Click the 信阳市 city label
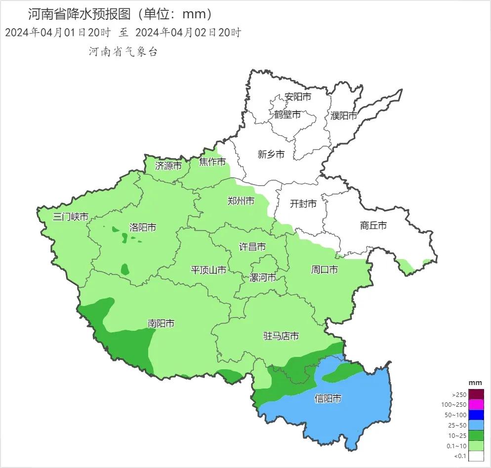point(328,398)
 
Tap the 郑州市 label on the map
point(241,201)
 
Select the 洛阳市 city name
point(142,228)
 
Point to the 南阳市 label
point(161,323)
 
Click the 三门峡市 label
point(71,216)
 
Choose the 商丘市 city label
point(373,226)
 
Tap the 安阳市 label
point(298,97)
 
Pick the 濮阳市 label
point(344,116)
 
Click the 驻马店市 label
point(281,336)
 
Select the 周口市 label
point(324,270)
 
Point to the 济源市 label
point(168,166)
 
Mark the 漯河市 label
point(262,277)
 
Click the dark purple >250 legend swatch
point(476,394)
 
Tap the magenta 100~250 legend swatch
point(476,405)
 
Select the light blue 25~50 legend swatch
point(476,426)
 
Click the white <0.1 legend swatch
point(476,457)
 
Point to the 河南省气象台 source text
point(123,52)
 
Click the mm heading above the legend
point(475,383)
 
